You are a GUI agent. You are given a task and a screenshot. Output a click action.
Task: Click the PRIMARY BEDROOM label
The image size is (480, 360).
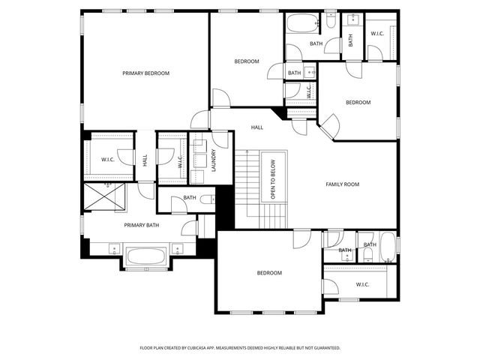[146, 73]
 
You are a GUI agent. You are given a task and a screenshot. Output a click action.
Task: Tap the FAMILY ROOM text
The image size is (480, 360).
[342, 184]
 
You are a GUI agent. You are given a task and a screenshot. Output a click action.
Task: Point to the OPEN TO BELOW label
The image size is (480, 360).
[273, 179]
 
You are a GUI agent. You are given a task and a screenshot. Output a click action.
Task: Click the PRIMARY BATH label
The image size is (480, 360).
[142, 224]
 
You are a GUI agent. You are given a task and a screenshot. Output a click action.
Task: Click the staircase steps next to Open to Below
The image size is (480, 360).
[247, 187]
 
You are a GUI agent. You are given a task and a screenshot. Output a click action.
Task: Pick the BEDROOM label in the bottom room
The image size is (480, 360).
[268, 273]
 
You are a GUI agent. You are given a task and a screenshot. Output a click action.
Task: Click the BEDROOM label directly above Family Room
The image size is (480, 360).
[358, 102]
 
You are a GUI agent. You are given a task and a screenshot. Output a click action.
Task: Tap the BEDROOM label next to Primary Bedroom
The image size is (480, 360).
[246, 61]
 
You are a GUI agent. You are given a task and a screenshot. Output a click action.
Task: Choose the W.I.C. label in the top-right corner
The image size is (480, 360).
[377, 34]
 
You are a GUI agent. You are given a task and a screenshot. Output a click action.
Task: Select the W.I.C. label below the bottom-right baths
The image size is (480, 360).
[362, 284]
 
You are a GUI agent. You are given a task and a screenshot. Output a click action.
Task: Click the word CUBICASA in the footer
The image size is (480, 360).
[215, 348]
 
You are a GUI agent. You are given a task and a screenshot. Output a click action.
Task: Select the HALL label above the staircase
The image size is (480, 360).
[257, 127]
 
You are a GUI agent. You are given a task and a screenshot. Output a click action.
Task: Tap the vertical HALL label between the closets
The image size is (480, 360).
[145, 160]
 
